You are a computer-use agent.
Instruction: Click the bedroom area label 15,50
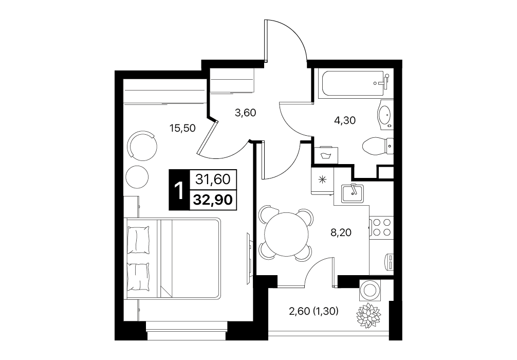click(182, 128)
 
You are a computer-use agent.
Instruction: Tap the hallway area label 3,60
click(245, 113)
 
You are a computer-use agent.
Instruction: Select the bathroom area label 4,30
click(345, 120)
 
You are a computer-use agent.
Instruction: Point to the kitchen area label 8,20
click(341, 232)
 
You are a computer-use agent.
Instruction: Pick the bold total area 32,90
click(213, 200)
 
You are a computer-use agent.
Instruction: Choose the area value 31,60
click(213, 179)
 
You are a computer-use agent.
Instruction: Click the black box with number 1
click(179, 190)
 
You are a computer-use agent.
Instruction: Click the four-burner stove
click(381, 227)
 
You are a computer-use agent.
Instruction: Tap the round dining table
click(286, 235)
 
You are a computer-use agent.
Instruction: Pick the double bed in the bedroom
click(173, 259)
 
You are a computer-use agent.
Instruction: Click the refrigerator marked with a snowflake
click(322, 180)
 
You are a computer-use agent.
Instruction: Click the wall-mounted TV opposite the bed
click(250, 257)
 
